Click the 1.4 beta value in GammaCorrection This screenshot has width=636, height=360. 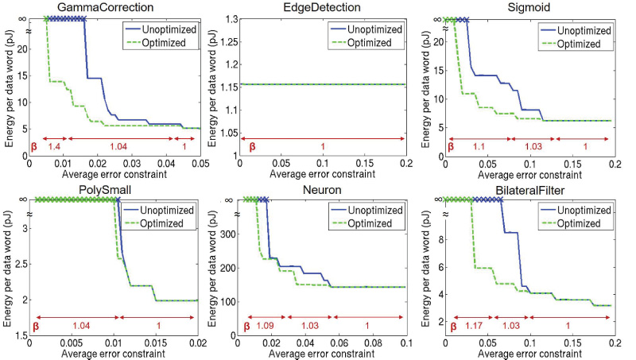56,148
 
